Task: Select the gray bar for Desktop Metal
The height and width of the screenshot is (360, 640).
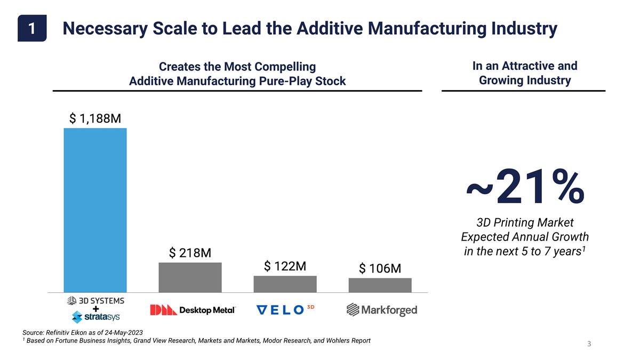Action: click(190, 277)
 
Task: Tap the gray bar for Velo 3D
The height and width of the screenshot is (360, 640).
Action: click(285, 284)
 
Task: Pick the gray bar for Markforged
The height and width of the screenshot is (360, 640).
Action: click(380, 285)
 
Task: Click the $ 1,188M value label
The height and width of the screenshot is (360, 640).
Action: click(95, 118)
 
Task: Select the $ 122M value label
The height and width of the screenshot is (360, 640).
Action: click(285, 266)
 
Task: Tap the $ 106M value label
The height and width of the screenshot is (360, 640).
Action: click(380, 268)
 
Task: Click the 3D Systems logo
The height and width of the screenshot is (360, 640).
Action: click(95, 300)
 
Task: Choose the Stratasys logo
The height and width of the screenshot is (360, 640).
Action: click(95, 318)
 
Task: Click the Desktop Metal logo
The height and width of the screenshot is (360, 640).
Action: click(193, 310)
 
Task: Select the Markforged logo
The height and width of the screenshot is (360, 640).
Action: click(381, 310)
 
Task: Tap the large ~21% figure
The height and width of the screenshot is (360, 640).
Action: click(525, 187)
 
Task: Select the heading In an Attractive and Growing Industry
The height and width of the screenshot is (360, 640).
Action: click(524, 73)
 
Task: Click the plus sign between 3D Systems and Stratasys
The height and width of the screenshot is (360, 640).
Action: click(95, 309)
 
